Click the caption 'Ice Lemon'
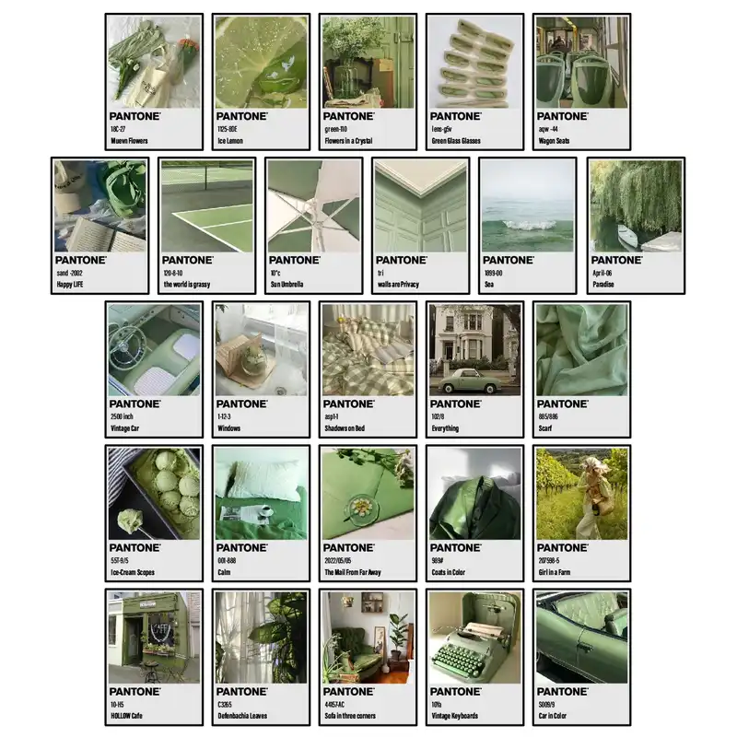click(230, 141)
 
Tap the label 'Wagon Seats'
click(556, 141)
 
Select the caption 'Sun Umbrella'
click(287, 285)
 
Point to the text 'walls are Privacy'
click(398, 285)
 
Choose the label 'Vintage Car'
click(128, 428)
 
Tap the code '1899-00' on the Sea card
click(494, 274)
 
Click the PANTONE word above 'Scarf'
click(562, 404)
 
